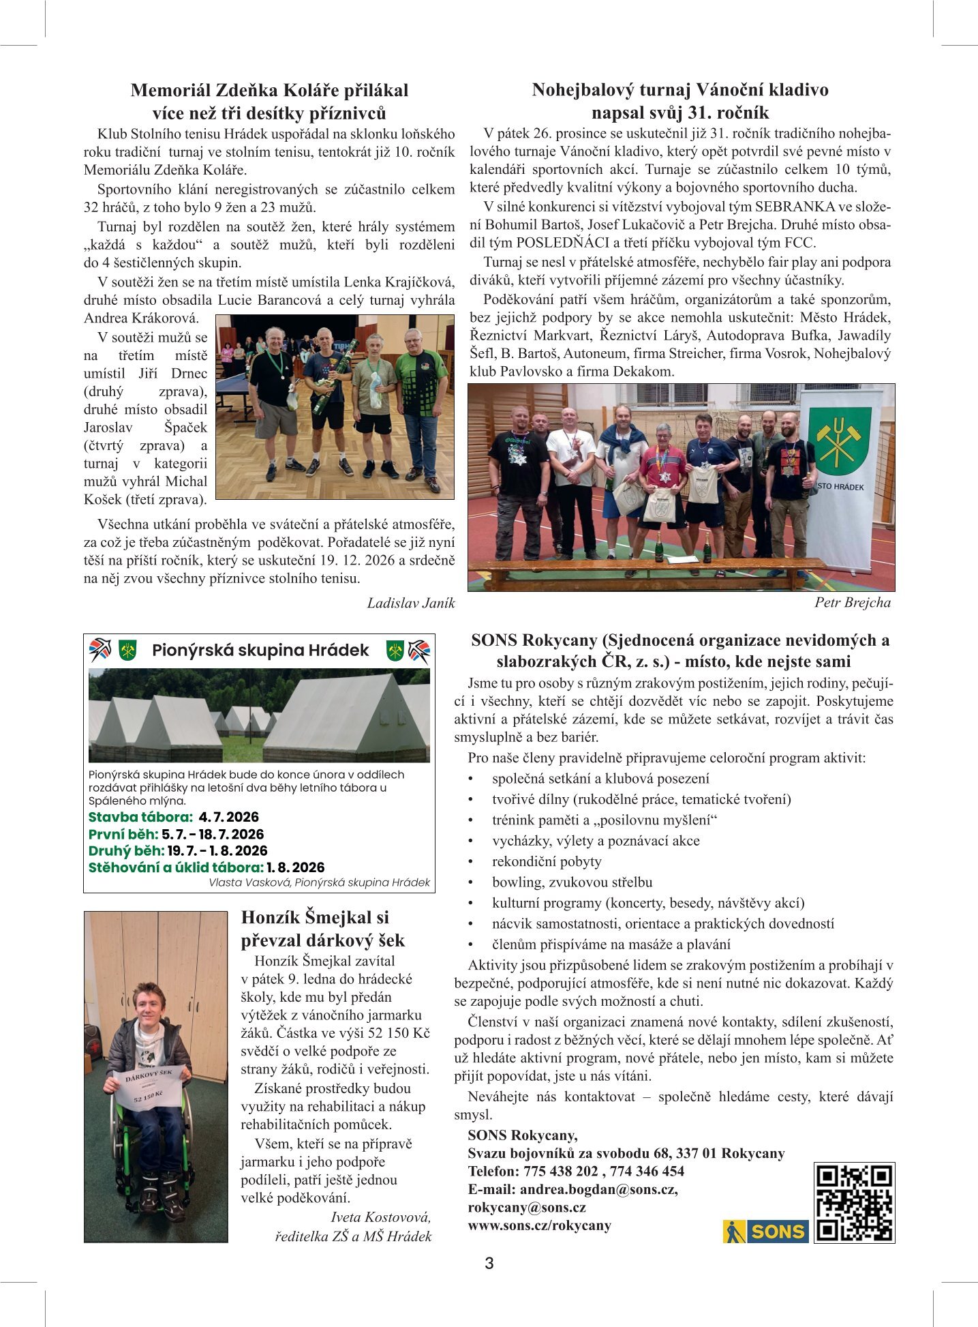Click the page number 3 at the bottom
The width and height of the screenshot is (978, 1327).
point(489,1263)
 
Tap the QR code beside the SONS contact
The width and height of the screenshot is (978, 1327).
point(854,1203)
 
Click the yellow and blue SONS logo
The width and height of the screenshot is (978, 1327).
point(765,1232)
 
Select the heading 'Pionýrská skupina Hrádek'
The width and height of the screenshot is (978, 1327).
point(260,650)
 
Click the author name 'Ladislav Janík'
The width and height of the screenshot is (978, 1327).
point(410,603)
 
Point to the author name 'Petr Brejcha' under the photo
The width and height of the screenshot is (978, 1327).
point(852,602)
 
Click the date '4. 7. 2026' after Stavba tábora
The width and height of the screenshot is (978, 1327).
point(229,817)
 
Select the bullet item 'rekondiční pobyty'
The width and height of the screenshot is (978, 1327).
point(547,861)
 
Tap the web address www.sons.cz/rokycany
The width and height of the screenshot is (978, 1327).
point(539,1225)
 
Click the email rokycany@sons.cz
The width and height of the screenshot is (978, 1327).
point(527,1207)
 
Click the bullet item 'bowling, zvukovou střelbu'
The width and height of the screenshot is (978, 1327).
point(572,882)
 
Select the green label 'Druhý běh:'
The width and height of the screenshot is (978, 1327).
point(126,850)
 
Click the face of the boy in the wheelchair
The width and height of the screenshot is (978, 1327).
point(150,1003)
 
